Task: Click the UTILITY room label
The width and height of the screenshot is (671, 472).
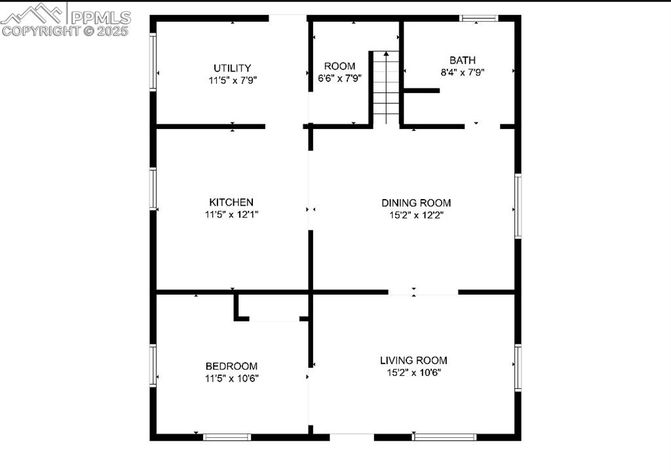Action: [233, 68]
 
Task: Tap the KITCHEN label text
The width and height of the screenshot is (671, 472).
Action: [231, 202]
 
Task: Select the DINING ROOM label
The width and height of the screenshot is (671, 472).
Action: [416, 203]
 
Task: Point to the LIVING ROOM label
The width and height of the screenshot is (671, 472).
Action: [413, 361]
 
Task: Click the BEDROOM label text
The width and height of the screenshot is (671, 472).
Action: [231, 367]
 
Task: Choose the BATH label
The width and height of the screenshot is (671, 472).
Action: [463, 60]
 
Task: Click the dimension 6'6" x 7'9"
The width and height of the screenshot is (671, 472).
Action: [340, 79]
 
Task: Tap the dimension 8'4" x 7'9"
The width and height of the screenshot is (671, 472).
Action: [463, 72]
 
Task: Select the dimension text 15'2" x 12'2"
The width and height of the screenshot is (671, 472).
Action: [416, 215]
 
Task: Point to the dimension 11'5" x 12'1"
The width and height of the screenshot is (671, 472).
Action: [231, 214]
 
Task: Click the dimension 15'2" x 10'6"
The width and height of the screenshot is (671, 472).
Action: [414, 372]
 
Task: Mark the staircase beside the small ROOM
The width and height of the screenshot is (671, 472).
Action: [386, 88]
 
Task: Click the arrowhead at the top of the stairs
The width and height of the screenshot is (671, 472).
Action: [386, 54]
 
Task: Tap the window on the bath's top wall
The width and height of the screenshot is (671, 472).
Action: [479, 18]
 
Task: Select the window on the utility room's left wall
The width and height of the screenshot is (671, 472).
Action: [153, 62]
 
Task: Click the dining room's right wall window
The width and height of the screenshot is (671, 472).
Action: [518, 206]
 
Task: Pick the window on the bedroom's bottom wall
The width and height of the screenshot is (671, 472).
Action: [227, 437]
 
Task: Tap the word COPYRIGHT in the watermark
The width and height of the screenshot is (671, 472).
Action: [41, 31]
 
